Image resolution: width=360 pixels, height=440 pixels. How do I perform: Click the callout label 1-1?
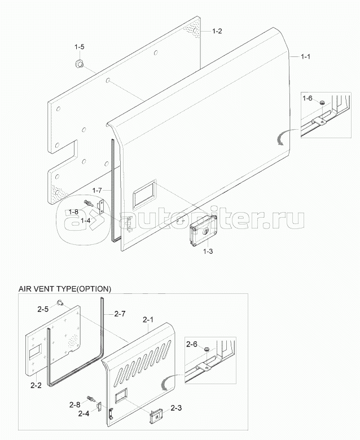tap(307, 57)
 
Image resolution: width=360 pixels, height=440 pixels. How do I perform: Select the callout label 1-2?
tap(217, 32)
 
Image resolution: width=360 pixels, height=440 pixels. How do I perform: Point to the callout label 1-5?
tap(80, 47)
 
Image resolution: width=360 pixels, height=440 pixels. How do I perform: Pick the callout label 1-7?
tap(96, 191)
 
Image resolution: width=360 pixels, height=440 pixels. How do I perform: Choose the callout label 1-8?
tap(73, 212)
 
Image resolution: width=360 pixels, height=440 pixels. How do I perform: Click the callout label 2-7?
tap(120, 314)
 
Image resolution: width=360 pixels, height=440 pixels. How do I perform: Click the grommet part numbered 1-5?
tap(78, 63)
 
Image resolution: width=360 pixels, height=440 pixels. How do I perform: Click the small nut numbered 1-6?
tap(321, 103)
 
